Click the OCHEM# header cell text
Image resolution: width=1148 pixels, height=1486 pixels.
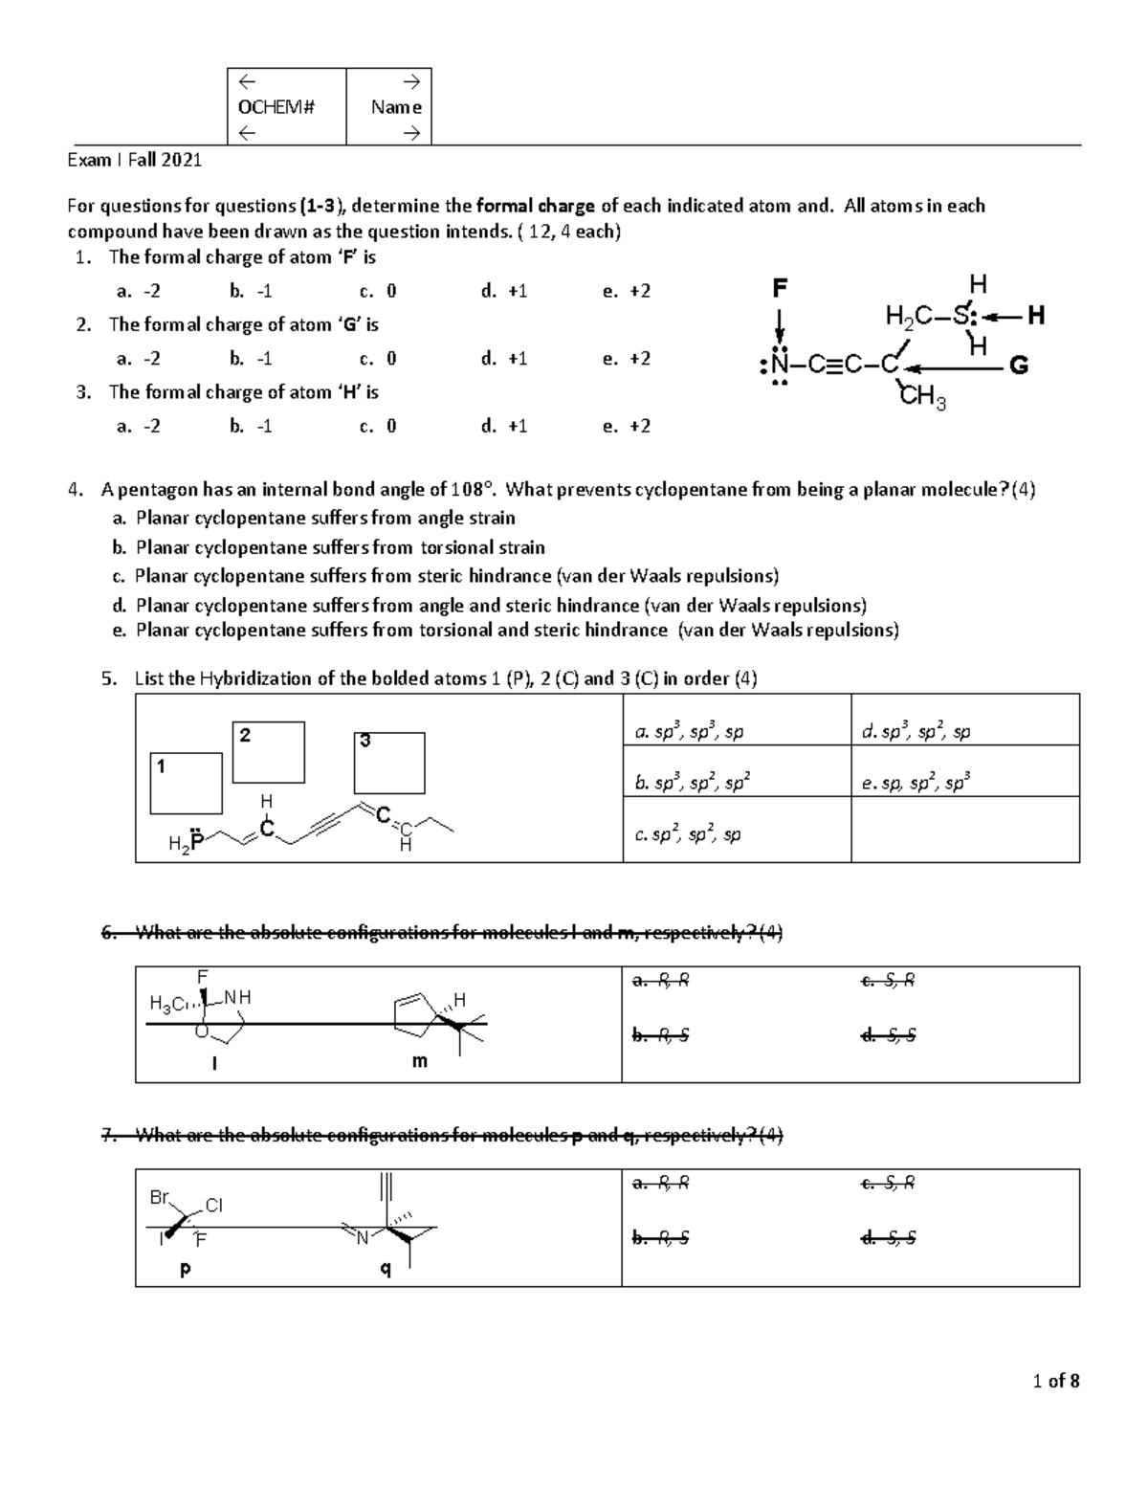tap(276, 107)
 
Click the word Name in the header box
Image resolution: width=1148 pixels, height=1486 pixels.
tap(396, 107)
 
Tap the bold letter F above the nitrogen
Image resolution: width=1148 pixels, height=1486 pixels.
tap(780, 287)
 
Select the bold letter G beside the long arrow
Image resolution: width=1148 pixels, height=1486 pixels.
tap(1019, 366)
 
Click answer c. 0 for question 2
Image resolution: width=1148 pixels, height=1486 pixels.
tap(378, 359)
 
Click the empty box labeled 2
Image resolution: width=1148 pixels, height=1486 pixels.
tap(270, 752)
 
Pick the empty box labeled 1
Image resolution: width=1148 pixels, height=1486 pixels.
tap(188, 783)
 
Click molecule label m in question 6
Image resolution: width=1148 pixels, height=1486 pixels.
tap(419, 1061)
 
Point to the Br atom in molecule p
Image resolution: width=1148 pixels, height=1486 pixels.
tap(160, 1197)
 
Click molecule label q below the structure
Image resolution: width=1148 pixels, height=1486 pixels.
tap(386, 1270)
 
